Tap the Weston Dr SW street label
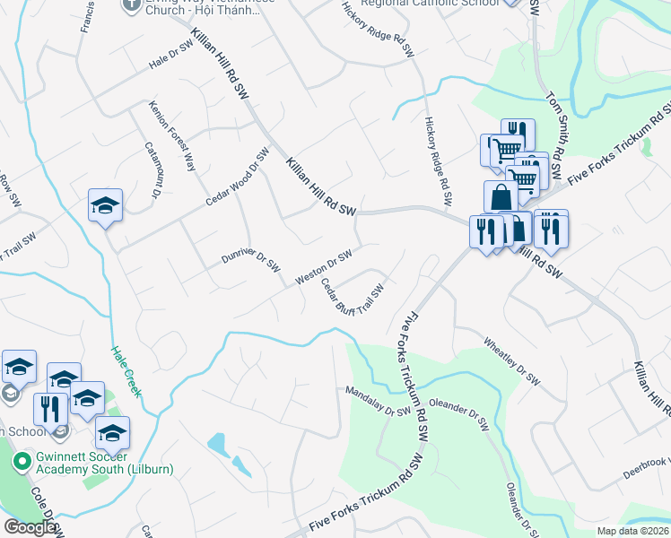pos(323,267)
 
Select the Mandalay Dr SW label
pos(379,402)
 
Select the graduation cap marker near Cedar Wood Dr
pos(105,206)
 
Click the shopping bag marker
pos(501,197)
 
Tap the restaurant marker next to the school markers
pos(50,408)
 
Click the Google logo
pos(30,527)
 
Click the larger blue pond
pos(218,443)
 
